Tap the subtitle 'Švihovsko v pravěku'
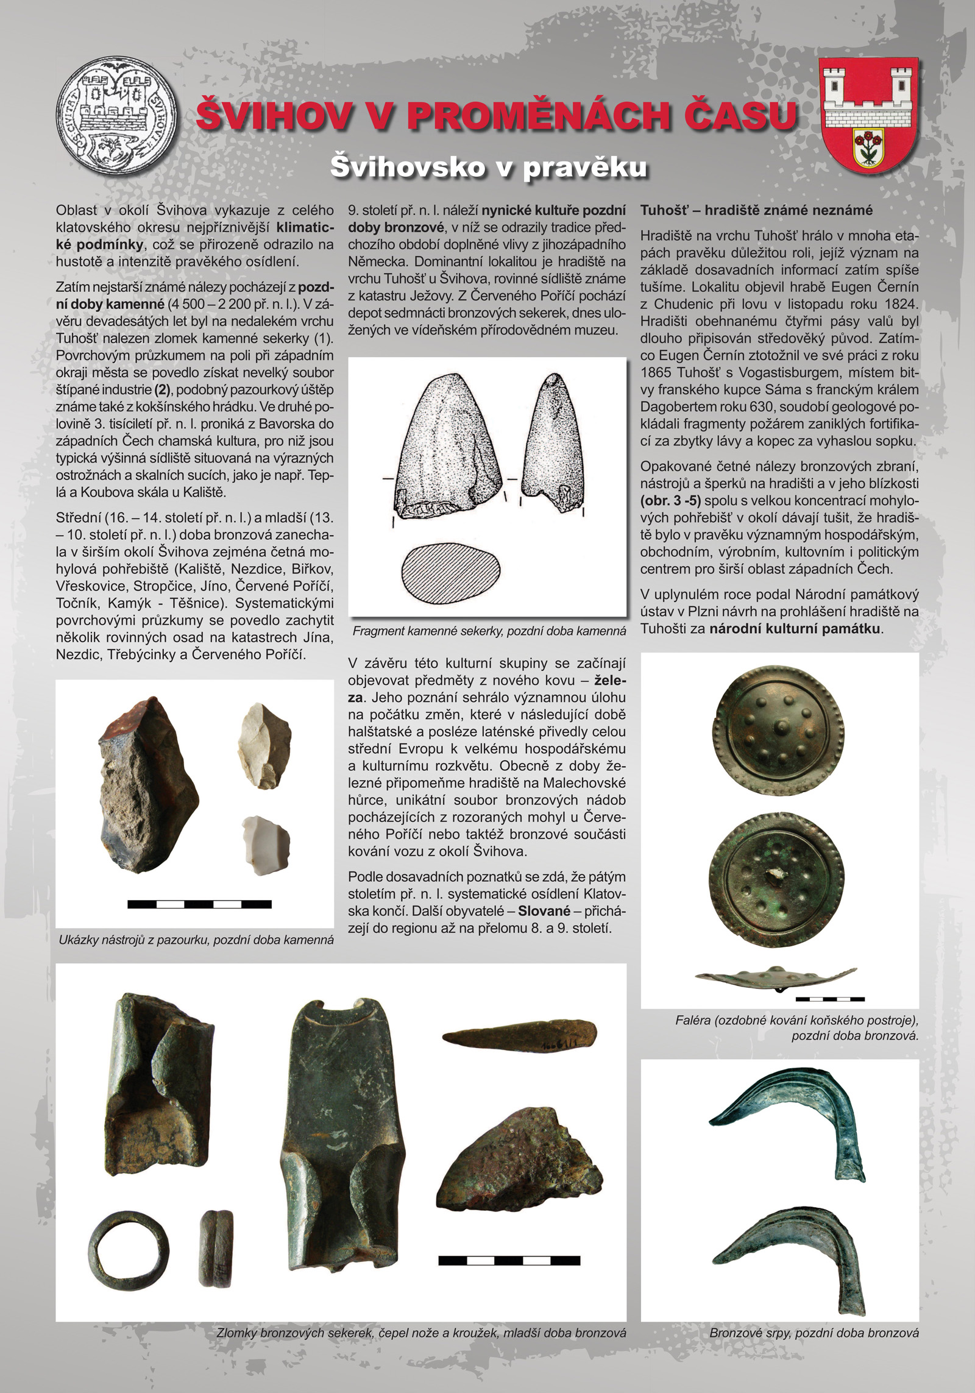pyautogui.click(x=488, y=167)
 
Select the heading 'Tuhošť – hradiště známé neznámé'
pyautogui.click(x=756, y=210)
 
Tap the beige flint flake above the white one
pyautogui.click(x=263, y=744)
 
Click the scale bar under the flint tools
pyautogui.click(x=199, y=904)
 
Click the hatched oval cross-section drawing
pyautogui.click(x=451, y=572)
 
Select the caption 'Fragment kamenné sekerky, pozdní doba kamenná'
pyautogui.click(x=489, y=631)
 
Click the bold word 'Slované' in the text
pyautogui.click(x=544, y=912)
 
